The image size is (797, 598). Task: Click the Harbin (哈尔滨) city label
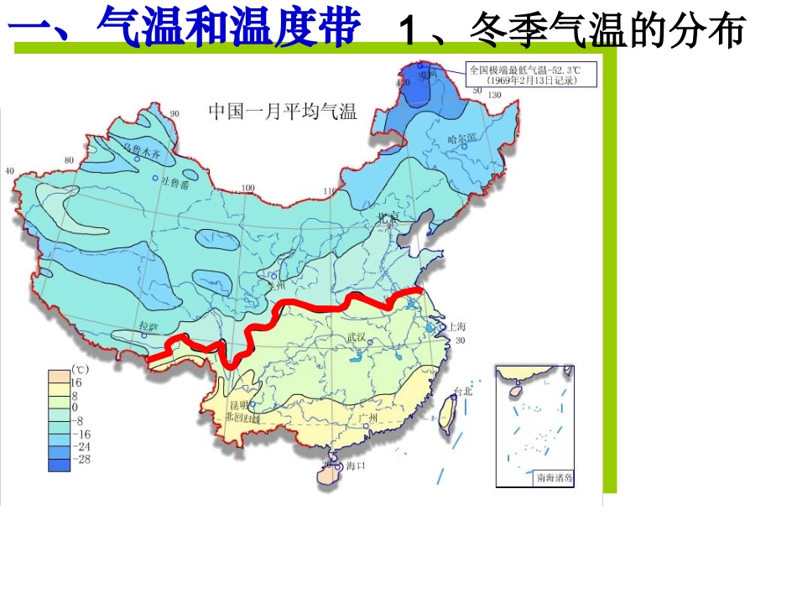click(x=461, y=138)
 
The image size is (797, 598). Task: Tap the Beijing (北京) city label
click(x=388, y=218)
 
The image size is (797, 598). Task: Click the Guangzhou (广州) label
click(x=367, y=417)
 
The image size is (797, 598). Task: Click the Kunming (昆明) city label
click(x=237, y=405)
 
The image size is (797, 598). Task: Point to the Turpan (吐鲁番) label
click(x=176, y=183)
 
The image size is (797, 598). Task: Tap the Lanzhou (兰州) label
click(x=275, y=284)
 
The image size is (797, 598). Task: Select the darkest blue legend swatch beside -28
click(x=60, y=460)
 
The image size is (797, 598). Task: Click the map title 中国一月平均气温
click(x=283, y=112)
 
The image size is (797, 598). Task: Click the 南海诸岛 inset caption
click(x=554, y=478)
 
